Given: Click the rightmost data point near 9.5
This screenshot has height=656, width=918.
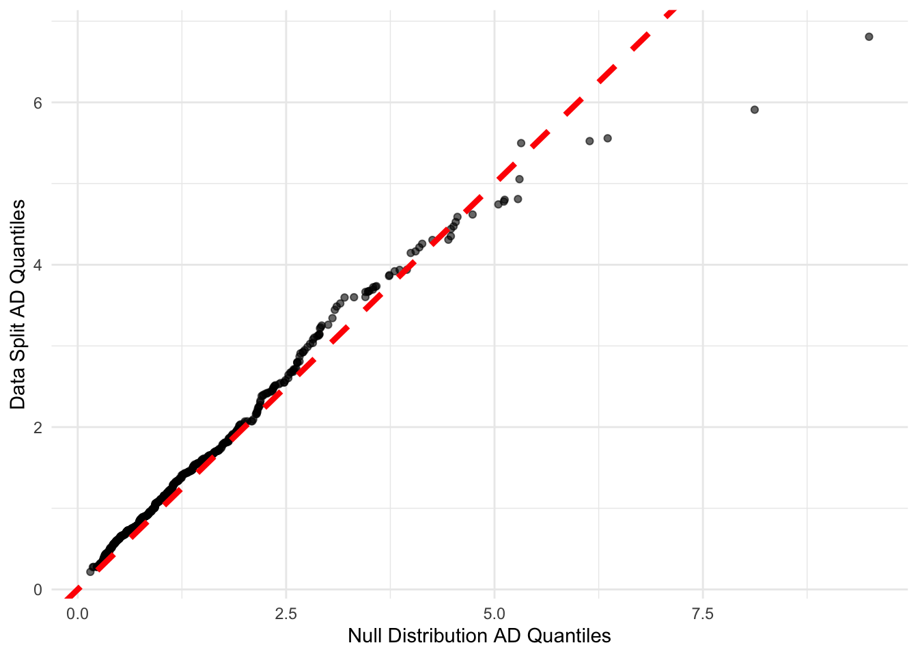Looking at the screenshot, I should [x=869, y=37].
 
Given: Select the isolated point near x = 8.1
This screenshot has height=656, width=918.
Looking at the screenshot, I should [x=755, y=110].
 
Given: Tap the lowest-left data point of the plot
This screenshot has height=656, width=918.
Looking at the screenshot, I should [x=90, y=571].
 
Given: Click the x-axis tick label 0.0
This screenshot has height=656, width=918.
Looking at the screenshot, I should [x=77, y=614].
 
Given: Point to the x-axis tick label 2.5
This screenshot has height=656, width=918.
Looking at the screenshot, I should [x=286, y=614].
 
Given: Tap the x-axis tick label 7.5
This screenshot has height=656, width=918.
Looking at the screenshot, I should [x=703, y=614].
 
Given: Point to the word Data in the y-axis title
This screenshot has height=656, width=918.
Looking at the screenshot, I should [x=18, y=383].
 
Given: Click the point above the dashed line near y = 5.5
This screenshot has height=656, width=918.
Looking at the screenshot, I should [x=521, y=143].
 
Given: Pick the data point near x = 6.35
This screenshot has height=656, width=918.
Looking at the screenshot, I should [x=607, y=139].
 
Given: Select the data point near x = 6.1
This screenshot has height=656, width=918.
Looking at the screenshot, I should [x=589, y=141].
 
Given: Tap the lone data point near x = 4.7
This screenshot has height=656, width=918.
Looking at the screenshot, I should [x=472, y=215].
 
